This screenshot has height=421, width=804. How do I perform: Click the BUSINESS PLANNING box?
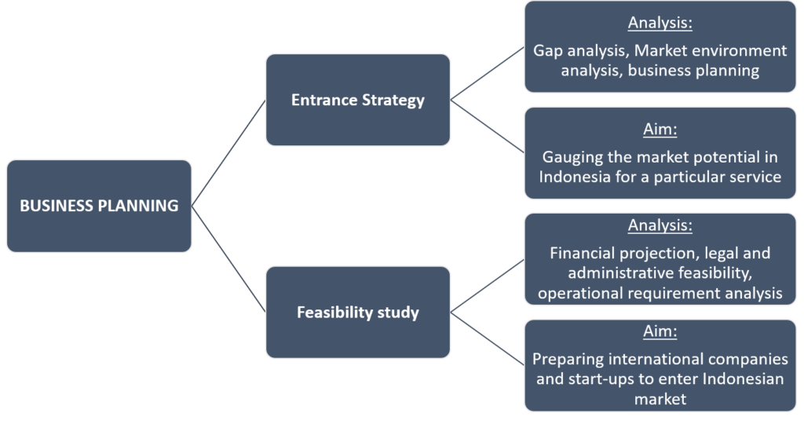click(99, 206)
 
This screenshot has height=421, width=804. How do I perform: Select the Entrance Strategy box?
click(357, 101)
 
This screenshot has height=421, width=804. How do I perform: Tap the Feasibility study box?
click(357, 313)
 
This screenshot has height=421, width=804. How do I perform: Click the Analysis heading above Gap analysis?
click(660, 23)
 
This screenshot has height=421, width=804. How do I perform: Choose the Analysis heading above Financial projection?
click(660, 225)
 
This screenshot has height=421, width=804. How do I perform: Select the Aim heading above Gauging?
click(660, 129)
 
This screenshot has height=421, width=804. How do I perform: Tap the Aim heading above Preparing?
click(660, 331)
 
